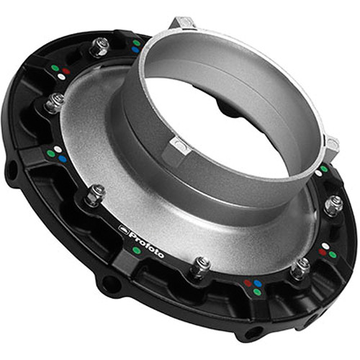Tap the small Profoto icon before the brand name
click(x=123, y=229)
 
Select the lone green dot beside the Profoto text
click(x=136, y=251)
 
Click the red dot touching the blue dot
click(x=248, y=283)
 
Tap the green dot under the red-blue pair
click(x=257, y=292)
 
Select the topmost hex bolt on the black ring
click(x=99, y=47)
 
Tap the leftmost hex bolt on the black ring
click(x=54, y=102)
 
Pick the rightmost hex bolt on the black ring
click(x=333, y=204)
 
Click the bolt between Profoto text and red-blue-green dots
click(x=200, y=266)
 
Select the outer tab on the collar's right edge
click(x=330, y=145)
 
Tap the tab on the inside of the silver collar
click(x=179, y=147)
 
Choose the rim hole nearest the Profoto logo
click(x=109, y=284)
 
